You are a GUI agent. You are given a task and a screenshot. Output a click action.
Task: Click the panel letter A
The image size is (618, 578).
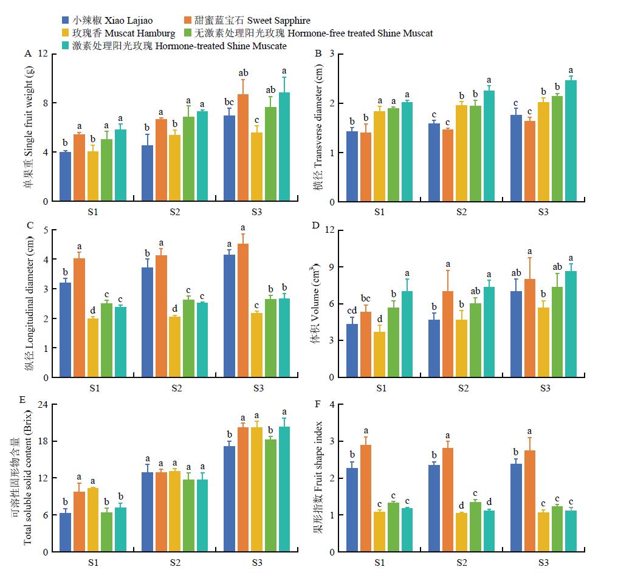pos(28,54)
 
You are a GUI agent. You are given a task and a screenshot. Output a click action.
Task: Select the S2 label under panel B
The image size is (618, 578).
pos(461,212)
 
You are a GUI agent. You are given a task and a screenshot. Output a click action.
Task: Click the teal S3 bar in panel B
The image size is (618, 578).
pos(571,140)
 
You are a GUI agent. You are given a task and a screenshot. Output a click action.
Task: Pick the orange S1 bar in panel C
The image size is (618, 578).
pos(79,318)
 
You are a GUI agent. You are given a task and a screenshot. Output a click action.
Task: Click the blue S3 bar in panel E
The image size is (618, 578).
pos(228,499)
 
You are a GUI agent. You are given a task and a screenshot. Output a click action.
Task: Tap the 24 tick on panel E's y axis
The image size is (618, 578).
pos(42,404)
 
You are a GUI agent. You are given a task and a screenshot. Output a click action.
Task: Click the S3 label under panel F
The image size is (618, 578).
pos(543,563)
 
